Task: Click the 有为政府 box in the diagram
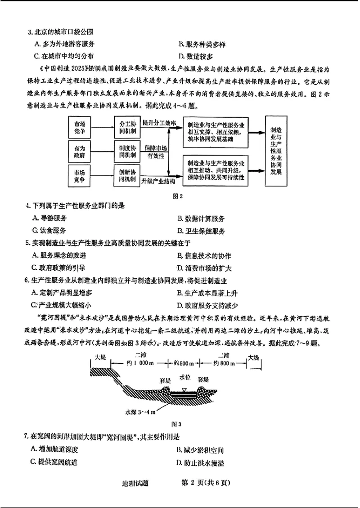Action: coord(79,151)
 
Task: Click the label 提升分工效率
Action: coord(158,122)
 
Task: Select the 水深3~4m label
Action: coord(140,412)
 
